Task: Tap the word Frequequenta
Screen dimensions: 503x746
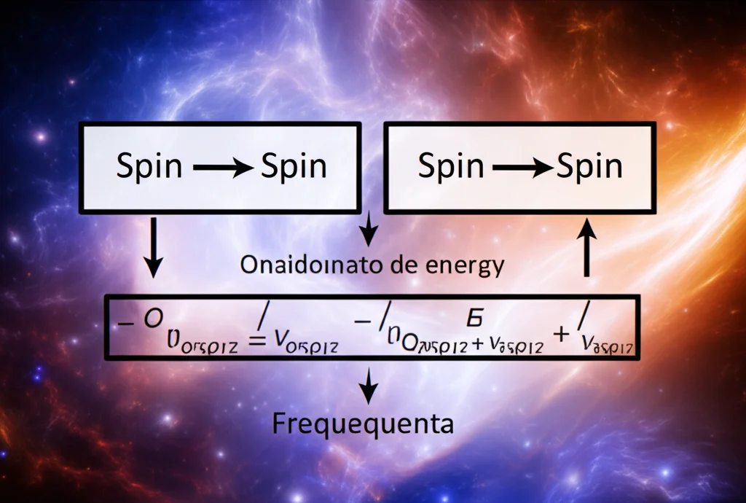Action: point(362,424)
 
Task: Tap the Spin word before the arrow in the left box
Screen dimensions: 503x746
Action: point(149,168)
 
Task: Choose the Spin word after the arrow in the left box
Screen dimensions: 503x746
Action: point(293,168)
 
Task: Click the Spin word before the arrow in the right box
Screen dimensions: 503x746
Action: point(451,168)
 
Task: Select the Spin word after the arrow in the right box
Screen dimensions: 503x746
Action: point(590,168)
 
